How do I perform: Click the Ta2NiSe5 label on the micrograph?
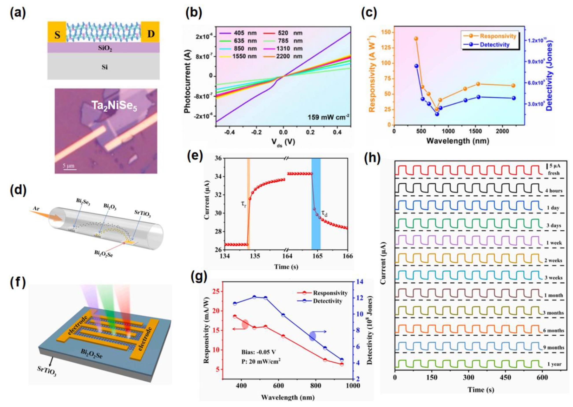tap(114, 106)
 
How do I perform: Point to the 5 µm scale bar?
tap(69, 167)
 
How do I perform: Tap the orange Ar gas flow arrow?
tap(46, 215)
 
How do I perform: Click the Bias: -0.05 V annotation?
tap(258, 352)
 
